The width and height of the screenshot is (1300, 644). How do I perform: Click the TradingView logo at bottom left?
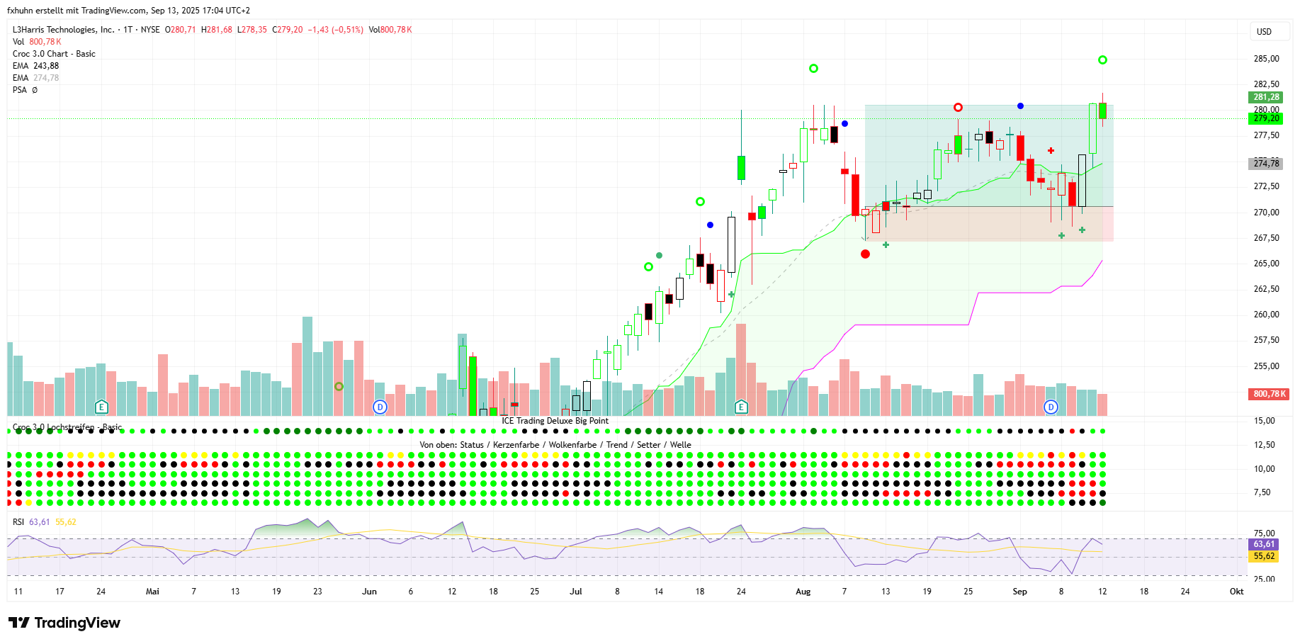point(64,623)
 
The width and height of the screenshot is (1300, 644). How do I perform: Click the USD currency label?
point(1264,32)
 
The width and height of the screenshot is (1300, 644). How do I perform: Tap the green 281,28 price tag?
point(1266,97)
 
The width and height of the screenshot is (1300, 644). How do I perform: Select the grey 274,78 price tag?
point(1266,164)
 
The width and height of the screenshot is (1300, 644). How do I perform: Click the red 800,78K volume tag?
point(1269,394)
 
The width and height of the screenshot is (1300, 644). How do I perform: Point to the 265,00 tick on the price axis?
point(1266,264)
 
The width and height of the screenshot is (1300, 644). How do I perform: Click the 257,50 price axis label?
point(1266,340)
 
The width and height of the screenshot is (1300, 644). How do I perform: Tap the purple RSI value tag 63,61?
point(1264,544)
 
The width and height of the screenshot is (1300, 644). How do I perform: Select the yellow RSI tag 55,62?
point(1264,556)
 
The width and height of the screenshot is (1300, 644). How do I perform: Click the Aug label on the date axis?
point(803,592)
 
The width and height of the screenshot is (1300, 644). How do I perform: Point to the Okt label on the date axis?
point(1236,592)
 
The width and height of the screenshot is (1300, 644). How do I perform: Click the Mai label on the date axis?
point(152,592)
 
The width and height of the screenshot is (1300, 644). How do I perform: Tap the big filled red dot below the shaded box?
point(865,254)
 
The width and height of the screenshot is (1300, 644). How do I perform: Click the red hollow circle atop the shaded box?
point(958,108)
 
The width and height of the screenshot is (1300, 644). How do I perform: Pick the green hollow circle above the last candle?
point(1102,60)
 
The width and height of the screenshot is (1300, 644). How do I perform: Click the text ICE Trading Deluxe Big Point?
point(555,421)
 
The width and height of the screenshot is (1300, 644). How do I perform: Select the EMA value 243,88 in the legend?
point(46,66)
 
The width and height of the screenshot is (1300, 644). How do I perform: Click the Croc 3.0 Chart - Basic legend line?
point(54,54)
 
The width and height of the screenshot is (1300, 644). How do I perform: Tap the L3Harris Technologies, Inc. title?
point(63,30)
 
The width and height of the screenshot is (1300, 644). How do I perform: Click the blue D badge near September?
point(1051,407)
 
